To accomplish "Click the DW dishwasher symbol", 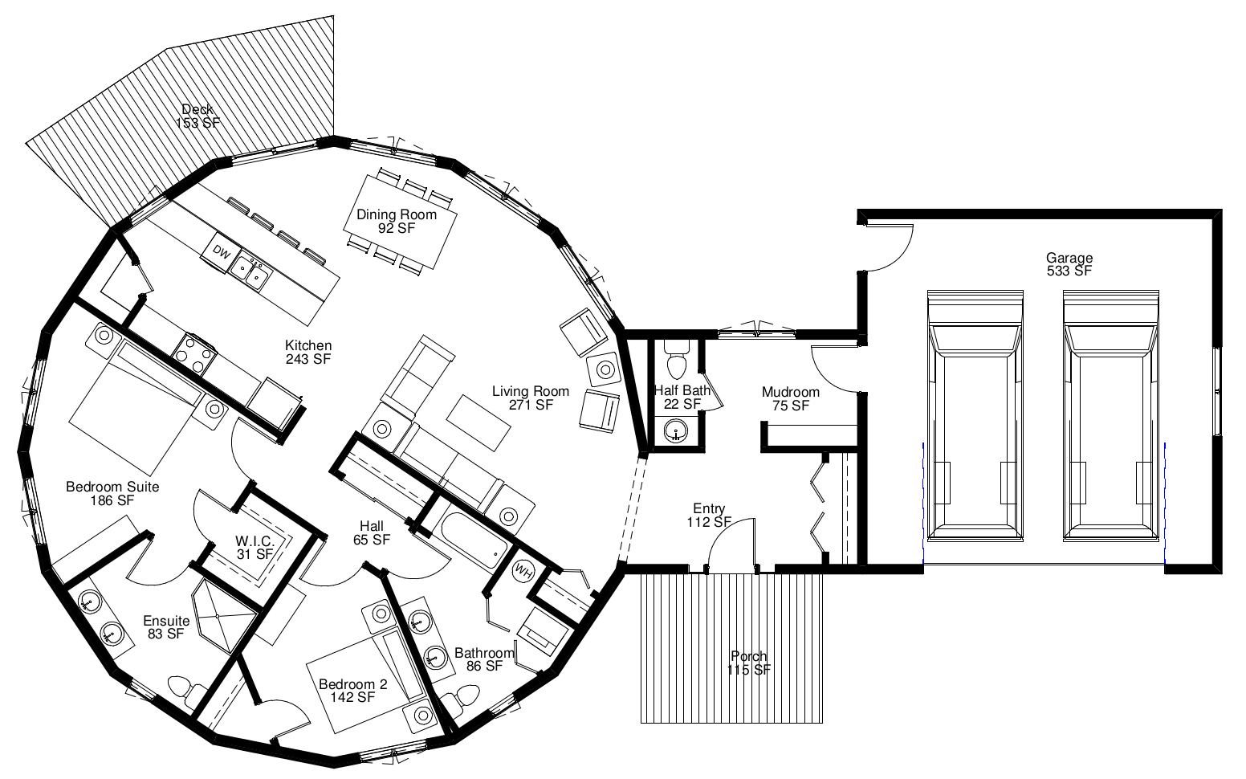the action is pyautogui.click(x=222, y=253).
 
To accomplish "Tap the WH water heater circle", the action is pyautogui.click(x=522, y=569).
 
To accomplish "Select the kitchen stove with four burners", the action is pyautogui.click(x=193, y=353).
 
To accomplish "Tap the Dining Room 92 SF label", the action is pyautogui.click(x=396, y=222).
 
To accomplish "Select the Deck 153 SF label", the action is pyautogui.click(x=198, y=116).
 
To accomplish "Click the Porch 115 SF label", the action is pyautogui.click(x=749, y=663).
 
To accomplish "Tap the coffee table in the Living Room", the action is pyautogui.click(x=478, y=423).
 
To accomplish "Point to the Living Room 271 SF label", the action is pyautogui.click(x=531, y=398).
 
